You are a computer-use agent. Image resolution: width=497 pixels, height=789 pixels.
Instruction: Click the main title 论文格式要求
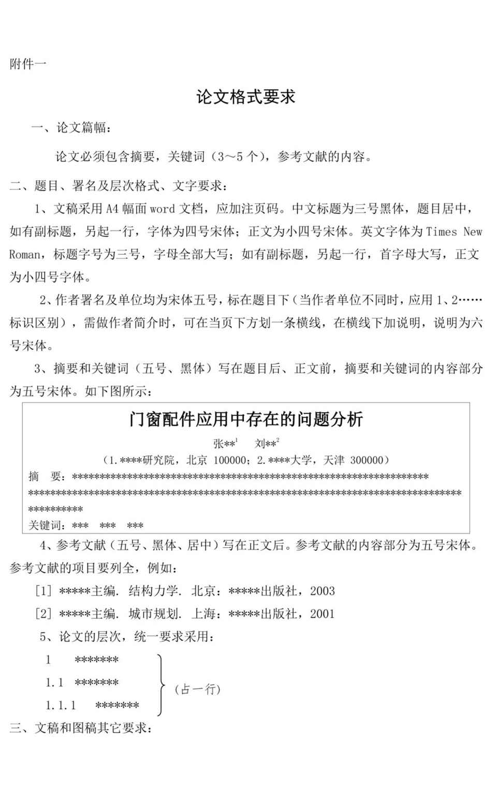[x=245, y=97]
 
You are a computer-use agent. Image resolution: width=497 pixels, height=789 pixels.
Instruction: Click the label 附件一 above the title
[x=27, y=64]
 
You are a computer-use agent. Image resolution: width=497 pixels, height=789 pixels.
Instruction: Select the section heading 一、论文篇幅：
[x=71, y=127]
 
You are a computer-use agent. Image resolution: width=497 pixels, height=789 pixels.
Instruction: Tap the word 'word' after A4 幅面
[x=162, y=209]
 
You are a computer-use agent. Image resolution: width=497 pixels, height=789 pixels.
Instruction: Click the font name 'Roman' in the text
[x=24, y=255]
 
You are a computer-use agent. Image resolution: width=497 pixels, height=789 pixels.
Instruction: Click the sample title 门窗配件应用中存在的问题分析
[x=246, y=419]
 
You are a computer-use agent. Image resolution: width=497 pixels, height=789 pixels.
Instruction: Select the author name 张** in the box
[x=224, y=444]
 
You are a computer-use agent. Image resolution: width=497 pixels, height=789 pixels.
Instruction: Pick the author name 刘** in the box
[x=266, y=444]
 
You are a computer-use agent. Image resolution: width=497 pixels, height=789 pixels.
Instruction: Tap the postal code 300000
[x=367, y=460]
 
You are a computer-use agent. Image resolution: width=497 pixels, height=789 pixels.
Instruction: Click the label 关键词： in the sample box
[x=47, y=525]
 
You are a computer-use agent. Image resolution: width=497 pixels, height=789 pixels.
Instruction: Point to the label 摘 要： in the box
[x=47, y=476]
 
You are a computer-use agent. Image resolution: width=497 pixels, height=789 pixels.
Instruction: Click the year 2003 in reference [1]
[x=322, y=591]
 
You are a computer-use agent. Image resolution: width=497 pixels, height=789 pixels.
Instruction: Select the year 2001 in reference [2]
[x=322, y=614]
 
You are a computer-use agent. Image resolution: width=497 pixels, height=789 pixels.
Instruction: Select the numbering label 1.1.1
[x=61, y=706]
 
